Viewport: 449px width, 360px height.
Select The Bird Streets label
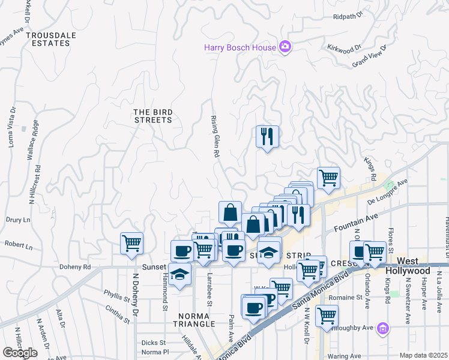152,116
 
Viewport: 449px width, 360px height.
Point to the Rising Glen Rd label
214,137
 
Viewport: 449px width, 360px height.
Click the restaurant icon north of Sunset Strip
267,136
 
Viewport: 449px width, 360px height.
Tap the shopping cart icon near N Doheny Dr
131,243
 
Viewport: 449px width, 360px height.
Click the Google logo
20,352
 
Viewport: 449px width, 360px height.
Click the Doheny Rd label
75,267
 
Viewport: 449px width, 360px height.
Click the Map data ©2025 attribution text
424,355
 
